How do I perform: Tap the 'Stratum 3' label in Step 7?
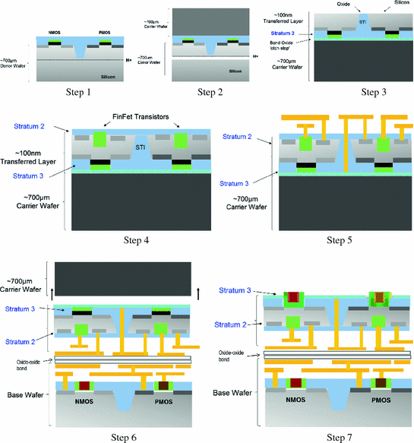(235, 290)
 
